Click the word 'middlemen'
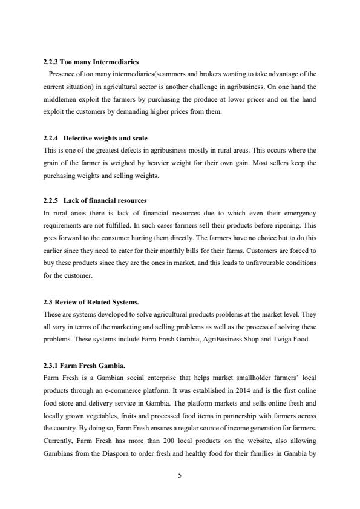(x=59, y=100)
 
